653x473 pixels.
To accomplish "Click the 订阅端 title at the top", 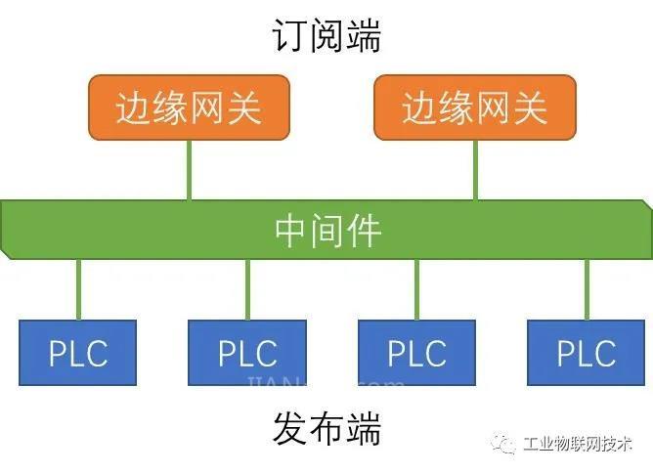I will (x=326, y=37).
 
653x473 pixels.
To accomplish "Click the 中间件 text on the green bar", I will (x=327, y=231).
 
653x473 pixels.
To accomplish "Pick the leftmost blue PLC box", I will (x=78, y=352).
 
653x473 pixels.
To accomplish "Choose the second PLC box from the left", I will (x=247, y=352).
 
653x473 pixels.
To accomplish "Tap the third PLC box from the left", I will (x=416, y=352).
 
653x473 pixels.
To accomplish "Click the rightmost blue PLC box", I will (x=587, y=352).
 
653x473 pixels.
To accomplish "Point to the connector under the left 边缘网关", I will (x=189, y=170).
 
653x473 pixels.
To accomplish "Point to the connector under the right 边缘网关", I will (x=475, y=170).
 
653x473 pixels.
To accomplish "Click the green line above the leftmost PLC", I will (x=78, y=289).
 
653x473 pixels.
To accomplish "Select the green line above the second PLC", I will (x=247, y=289).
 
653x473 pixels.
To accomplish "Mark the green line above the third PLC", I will (x=416, y=289).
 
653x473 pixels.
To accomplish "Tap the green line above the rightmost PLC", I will (x=587, y=289).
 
